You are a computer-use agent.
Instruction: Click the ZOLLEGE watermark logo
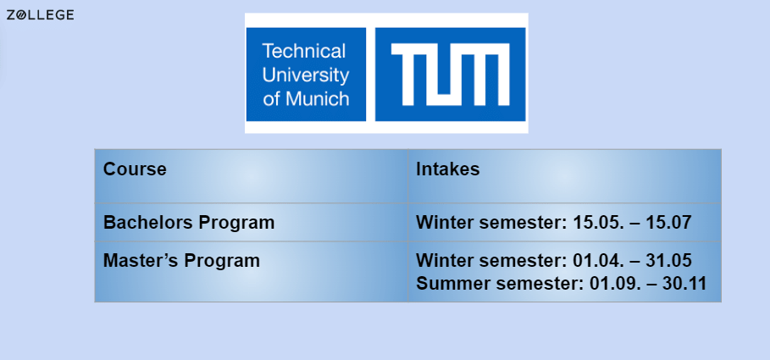pos(40,15)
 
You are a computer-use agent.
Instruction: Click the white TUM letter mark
pos(450,74)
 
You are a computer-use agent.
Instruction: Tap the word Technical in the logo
pos(304,51)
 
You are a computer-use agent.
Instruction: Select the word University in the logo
pos(306,75)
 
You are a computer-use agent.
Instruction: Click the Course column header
pos(135,169)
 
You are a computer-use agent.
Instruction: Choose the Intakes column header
pos(447,169)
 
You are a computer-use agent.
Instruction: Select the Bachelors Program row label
pos(189,223)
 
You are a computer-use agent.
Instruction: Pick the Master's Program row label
pos(181,261)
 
